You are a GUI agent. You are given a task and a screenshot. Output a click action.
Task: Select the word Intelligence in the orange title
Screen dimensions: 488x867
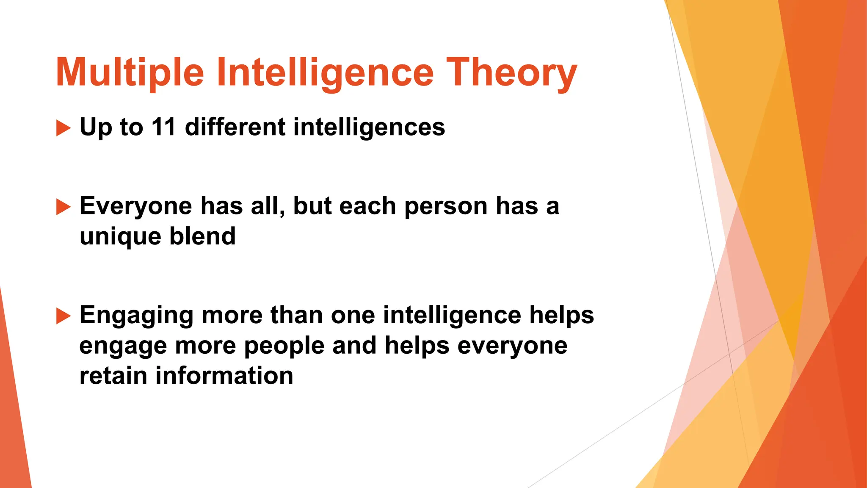(325, 73)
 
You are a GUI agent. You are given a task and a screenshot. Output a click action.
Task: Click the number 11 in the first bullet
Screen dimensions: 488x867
(163, 127)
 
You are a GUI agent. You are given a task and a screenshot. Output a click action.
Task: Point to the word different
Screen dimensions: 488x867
(235, 127)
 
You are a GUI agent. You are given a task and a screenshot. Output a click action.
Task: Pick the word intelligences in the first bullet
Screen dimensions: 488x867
(369, 127)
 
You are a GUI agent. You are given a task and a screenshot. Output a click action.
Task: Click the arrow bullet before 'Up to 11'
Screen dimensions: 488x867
(64, 128)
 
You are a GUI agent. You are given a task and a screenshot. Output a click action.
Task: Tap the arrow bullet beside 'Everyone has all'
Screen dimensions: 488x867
(64, 207)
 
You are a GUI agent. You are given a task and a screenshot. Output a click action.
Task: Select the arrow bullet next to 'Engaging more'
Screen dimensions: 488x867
(64, 316)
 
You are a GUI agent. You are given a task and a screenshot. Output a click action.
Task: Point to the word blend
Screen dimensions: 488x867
(202, 236)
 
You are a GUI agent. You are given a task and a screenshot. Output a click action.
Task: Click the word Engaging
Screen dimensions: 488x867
(136, 316)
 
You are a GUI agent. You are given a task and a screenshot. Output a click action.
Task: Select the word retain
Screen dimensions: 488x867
(113, 376)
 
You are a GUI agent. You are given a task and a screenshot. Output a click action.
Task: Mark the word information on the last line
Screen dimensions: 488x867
(224, 376)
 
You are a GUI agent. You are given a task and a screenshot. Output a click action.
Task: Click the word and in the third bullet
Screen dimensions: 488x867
(354, 345)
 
